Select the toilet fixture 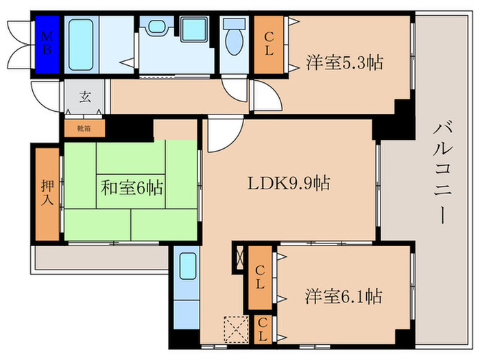tap(234, 38)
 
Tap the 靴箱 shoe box tap(82, 128)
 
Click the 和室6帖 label tap(132, 187)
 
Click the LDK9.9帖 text tap(289, 183)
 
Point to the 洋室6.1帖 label tap(343, 296)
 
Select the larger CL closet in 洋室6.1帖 tap(261, 278)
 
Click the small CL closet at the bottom tap(262, 330)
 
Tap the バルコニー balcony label tap(442, 171)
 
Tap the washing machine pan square tap(194, 29)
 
